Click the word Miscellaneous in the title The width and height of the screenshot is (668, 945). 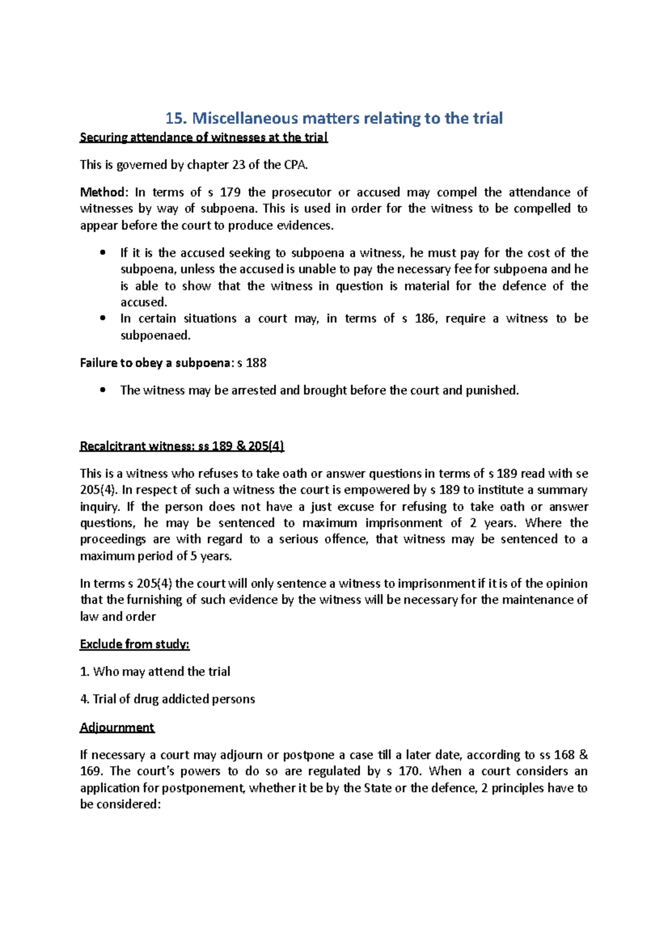pyautogui.click(x=244, y=118)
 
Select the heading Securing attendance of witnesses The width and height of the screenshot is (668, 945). pyautogui.click(x=204, y=137)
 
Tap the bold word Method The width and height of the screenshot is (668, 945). pyautogui.click(x=103, y=193)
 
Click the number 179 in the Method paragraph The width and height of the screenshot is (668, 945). pyautogui.click(x=230, y=193)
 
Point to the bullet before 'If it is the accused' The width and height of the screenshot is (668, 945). pyautogui.click(x=101, y=253)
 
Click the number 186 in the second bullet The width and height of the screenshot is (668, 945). pyautogui.click(x=425, y=319)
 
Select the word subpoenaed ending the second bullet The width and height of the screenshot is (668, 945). pyautogui.click(x=155, y=336)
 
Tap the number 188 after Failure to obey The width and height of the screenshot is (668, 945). pyautogui.click(x=256, y=363)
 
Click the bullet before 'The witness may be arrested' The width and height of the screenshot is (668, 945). pyautogui.click(x=101, y=391)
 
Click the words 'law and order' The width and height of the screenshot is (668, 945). pyautogui.click(x=118, y=617)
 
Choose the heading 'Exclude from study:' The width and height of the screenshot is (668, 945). pyautogui.click(x=135, y=644)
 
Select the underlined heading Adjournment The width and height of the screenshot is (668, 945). pyautogui.click(x=117, y=727)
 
